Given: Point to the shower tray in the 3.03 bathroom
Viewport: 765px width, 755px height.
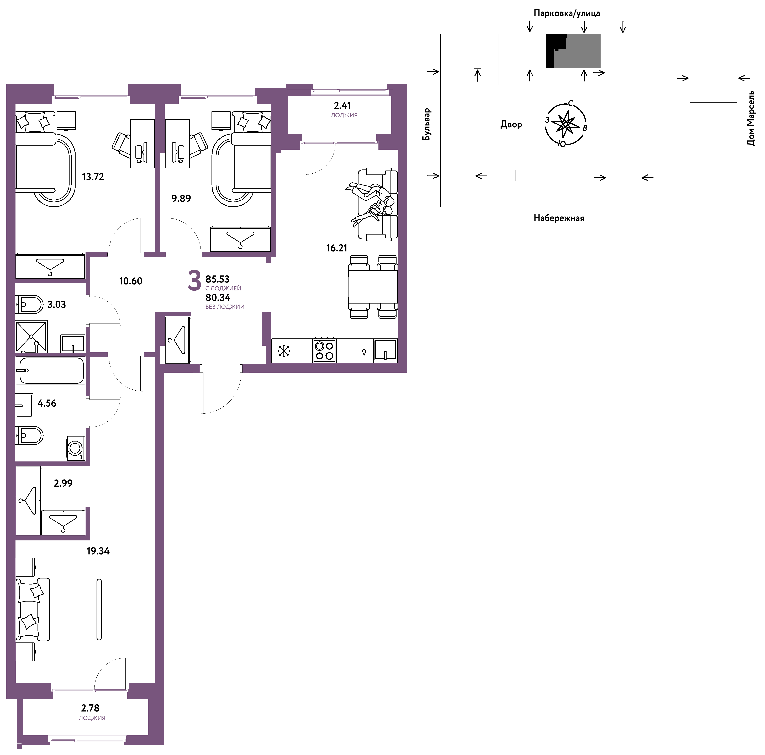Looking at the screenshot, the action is pos(31,336).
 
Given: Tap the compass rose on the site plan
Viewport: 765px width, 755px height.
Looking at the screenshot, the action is pos(566,124).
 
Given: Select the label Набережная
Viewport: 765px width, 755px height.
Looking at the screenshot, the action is pos(559,218).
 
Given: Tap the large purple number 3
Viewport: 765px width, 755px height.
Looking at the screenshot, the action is pos(194,281).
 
